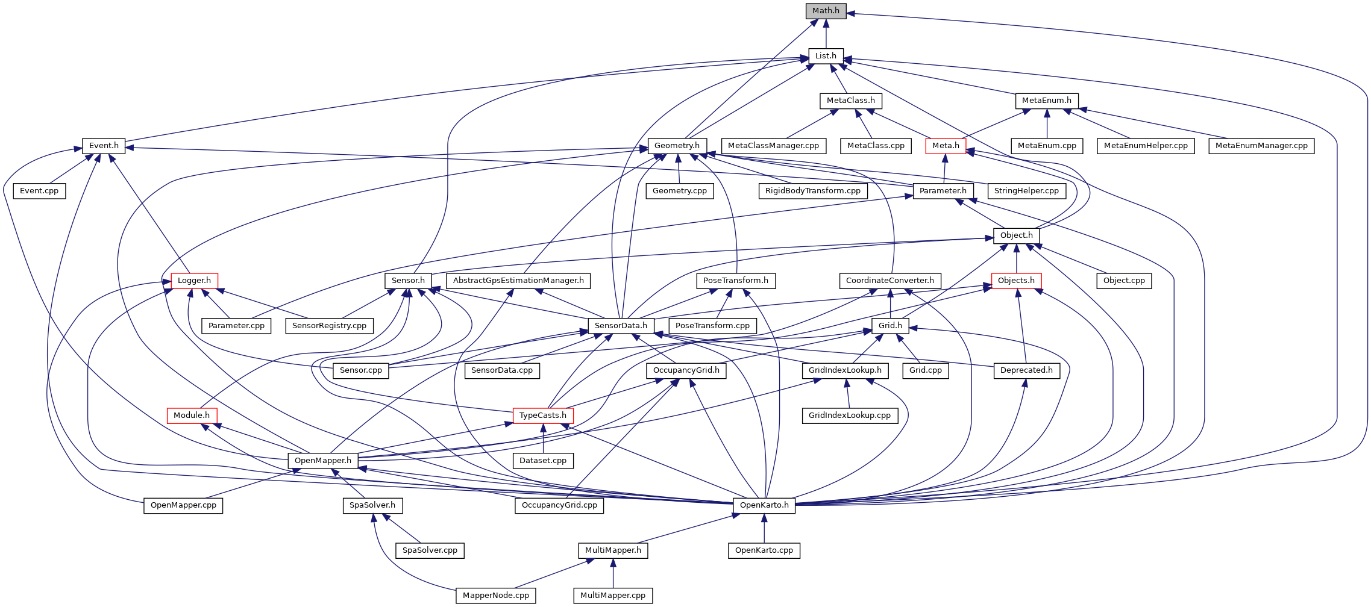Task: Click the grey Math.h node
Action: click(x=826, y=11)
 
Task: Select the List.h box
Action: click(x=826, y=56)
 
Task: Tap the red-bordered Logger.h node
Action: click(x=194, y=281)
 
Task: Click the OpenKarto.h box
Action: click(x=764, y=505)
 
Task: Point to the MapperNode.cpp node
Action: click(x=496, y=596)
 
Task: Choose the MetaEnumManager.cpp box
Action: click(x=1261, y=146)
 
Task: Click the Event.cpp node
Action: click(x=39, y=191)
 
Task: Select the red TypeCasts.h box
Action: click(x=543, y=416)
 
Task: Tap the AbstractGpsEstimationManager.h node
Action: click(x=518, y=281)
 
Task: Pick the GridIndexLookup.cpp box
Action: click(x=850, y=416)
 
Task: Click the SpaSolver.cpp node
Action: click(x=430, y=550)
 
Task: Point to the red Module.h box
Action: click(x=192, y=416)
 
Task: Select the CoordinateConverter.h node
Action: click(x=890, y=281)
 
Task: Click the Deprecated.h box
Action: click(x=1026, y=370)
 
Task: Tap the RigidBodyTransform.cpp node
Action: click(x=813, y=191)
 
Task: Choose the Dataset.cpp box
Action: click(x=543, y=461)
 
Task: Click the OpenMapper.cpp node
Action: click(x=183, y=505)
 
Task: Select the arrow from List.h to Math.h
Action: click(x=826, y=34)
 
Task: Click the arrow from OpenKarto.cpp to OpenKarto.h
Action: click(x=764, y=528)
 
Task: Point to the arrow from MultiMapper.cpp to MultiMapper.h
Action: click(x=613, y=573)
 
